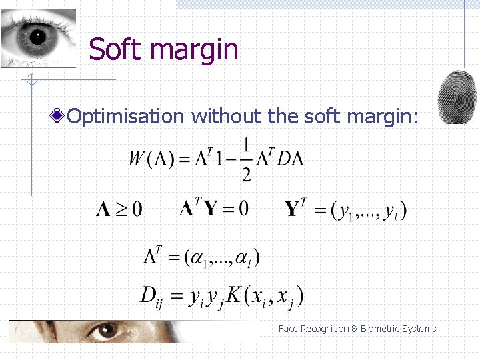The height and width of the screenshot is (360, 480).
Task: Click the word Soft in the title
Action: pos(113,49)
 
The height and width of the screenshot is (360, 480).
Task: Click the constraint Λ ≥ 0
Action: pos(119,209)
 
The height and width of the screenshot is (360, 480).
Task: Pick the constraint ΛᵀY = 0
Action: pos(213,209)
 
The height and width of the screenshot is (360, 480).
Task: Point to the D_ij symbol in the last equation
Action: pos(150,296)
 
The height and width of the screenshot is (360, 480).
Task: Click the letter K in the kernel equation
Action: pos(233,294)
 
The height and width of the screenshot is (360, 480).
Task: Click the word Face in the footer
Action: pos(288,329)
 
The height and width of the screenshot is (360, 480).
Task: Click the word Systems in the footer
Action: pos(419,329)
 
